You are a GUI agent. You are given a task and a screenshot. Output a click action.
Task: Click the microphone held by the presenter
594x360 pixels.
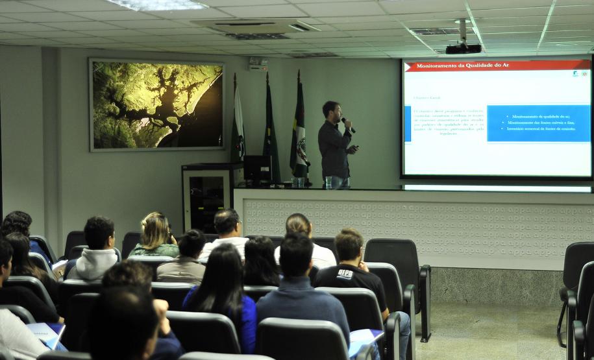347,124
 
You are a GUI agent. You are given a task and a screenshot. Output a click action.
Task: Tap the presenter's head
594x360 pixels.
332,110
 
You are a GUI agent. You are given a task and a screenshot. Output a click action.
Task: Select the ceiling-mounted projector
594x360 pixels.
464,48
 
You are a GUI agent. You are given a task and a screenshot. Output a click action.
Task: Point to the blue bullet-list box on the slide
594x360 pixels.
538,123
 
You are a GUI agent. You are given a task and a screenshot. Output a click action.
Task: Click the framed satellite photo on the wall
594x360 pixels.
156,105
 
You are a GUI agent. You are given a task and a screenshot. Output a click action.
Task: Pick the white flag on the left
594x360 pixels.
238,123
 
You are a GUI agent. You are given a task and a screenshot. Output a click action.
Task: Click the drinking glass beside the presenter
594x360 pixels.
328,182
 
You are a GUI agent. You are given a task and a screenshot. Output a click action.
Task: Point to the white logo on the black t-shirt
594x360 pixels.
345,274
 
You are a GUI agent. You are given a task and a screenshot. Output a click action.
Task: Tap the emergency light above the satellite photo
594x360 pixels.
258,64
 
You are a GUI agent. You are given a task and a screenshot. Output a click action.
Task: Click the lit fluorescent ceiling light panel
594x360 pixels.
160,5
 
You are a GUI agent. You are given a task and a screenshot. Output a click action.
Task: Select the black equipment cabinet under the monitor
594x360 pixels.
207,195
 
